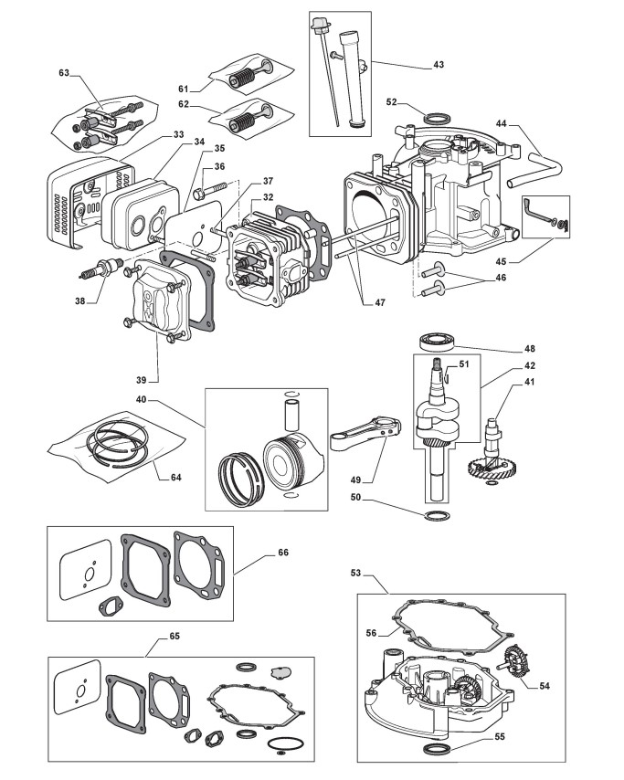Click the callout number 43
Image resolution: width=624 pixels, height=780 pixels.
pos(439,65)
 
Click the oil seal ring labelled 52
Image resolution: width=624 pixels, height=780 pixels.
pos(438,117)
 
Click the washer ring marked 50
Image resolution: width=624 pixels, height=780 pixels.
pos(438,518)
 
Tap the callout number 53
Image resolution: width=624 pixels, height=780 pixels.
pos(356,573)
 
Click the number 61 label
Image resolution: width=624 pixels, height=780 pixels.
pos(183,89)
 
